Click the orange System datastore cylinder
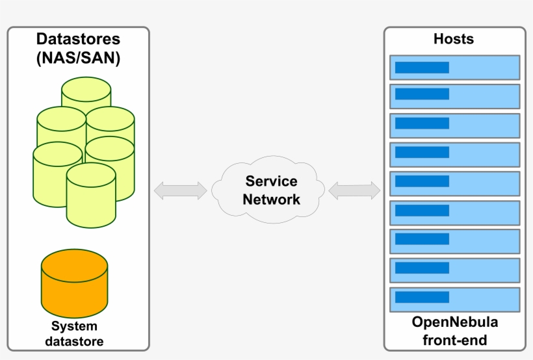[x=74, y=283]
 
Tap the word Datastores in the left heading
[x=78, y=39]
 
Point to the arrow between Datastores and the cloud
[x=180, y=190]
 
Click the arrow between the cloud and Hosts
[x=354, y=190]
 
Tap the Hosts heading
[x=454, y=39]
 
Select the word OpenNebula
[x=455, y=322]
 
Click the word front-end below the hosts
[x=455, y=339]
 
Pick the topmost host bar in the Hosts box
[x=454, y=67]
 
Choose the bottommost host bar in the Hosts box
[x=454, y=300]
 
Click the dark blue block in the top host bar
[x=422, y=67]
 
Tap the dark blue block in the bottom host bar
[x=422, y=297]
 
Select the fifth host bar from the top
[x=454, y=183]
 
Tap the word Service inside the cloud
[x=271, y=181]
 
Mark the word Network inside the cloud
[x=271, y=199]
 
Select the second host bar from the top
[x=454, y=96]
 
